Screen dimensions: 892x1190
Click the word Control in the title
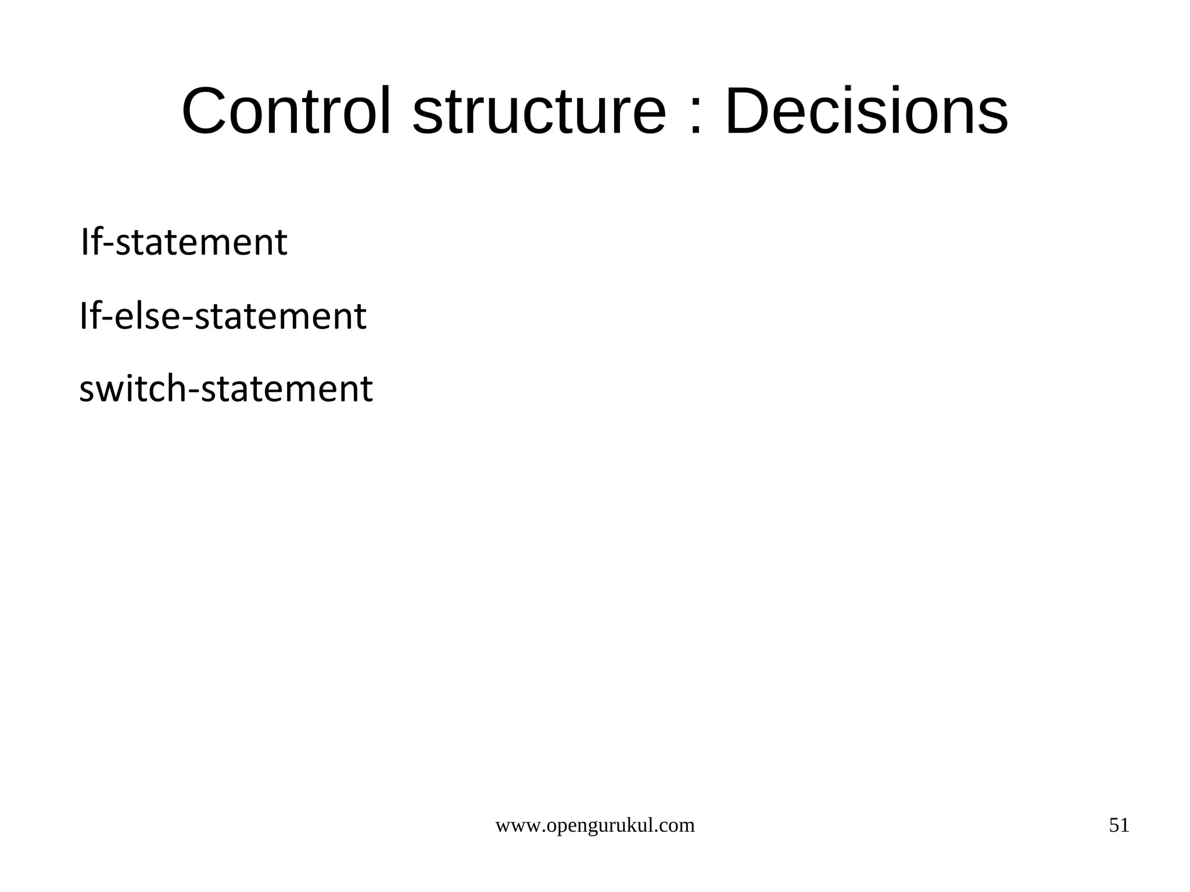click(x=286, y=111)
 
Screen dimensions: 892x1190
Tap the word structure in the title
click(x=539, y=111)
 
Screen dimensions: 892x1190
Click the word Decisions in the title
click(x=866, y=111)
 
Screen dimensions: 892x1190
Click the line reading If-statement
click(x=184, y=242)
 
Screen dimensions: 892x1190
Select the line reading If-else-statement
click(x=223, y=316)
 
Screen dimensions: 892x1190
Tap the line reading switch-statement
click(x=226, y=389)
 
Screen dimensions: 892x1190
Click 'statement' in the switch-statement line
click(x=286, y=389)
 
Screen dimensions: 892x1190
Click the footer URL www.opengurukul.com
click(x=594, y=826)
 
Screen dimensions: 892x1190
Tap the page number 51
click(x=1119, y=825)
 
